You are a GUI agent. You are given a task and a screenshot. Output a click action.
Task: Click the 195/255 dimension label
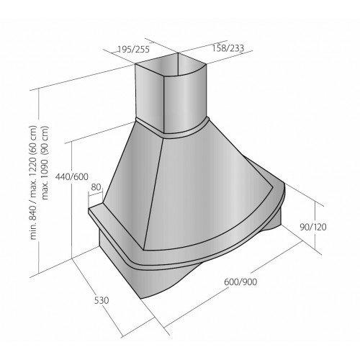tap(134, 49)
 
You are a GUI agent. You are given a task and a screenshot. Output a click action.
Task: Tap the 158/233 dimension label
tap(228, 48)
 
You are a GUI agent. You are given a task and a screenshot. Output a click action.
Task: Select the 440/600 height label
tap(72, 176)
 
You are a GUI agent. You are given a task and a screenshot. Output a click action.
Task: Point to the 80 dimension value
tap(96, 187)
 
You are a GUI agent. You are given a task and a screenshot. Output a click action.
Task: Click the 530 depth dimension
tap(102, 300)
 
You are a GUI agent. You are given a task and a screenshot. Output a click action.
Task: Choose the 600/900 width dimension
tap(240, 282)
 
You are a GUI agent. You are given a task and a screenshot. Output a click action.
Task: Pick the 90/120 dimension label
tap(313, 227)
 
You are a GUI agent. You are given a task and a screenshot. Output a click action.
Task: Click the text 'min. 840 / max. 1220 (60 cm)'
tap(33, 182)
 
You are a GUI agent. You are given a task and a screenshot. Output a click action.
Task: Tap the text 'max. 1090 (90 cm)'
tap(45, 163)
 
